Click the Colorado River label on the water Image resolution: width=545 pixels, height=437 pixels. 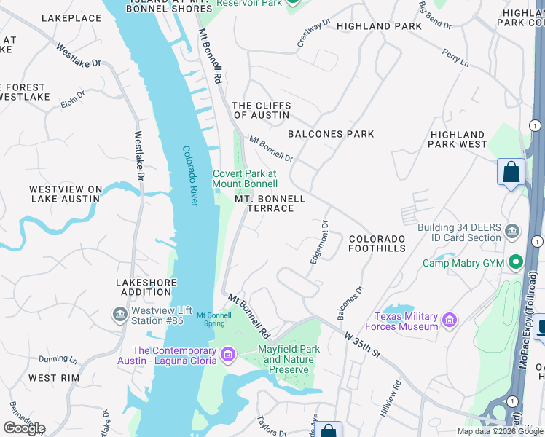tap(189, 176)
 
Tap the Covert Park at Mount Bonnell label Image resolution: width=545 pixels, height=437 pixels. tap(245, 178)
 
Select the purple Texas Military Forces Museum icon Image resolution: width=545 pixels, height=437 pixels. tap(450, 320)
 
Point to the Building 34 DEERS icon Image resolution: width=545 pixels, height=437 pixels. tap(512, 232)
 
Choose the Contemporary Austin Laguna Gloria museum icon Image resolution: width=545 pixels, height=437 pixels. tap(228, 355)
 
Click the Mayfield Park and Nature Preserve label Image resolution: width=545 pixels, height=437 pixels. tap(284, 359)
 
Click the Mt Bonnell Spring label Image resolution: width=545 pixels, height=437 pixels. tap(213, 319)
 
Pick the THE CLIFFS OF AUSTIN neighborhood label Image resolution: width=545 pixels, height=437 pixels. tap(261, 111)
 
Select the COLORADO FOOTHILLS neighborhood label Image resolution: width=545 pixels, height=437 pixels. tap(377, 243)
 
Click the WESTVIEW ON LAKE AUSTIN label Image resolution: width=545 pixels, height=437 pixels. tap(66, 194)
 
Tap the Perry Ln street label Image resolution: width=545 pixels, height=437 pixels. tap(455, 58)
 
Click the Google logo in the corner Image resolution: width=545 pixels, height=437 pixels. tap(24, 428)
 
